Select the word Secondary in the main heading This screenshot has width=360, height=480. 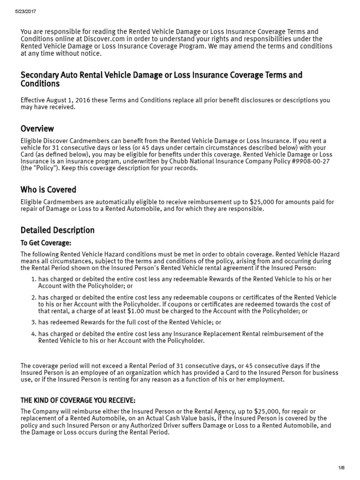click(x=39, y=75)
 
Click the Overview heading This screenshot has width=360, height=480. click(x=37, y=128)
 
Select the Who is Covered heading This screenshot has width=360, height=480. click(x=48, y=190)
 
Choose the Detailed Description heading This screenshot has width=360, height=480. click(x=57, y=230)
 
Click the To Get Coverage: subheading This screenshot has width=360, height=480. click(x=46, y=243)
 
